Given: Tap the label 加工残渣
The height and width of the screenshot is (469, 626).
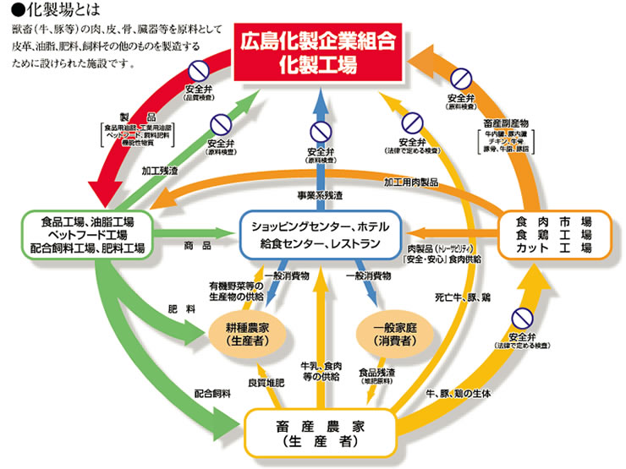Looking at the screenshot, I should click(161, 171).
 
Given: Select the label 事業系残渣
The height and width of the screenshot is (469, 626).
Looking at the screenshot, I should click(320, 196).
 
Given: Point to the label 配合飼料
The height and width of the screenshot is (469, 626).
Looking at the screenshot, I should click(212, 394).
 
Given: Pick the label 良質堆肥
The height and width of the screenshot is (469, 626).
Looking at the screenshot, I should click(264, 383).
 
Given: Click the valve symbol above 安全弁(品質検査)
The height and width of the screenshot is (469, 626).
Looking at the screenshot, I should click(199, 68).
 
